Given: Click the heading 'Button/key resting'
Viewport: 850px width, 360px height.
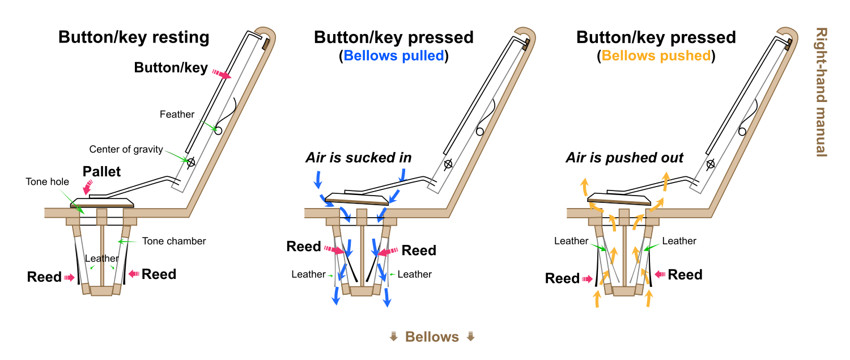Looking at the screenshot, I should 134,38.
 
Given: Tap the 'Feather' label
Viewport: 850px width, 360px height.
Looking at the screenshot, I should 177,115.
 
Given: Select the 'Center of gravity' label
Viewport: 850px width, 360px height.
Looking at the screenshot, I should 126,150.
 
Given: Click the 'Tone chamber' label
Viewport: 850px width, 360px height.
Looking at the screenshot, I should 173,241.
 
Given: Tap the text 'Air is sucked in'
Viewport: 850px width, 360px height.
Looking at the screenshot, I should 359,158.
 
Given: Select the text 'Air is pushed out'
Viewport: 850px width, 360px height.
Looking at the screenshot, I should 624,158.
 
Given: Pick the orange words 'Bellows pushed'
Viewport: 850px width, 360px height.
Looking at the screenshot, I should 656,56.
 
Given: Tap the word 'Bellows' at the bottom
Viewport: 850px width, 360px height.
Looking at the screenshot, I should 432,337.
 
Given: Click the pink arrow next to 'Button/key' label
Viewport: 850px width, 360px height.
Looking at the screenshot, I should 222,74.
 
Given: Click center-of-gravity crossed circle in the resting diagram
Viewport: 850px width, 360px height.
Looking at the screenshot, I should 191,162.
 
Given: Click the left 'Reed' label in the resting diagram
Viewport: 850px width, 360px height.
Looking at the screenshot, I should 44,277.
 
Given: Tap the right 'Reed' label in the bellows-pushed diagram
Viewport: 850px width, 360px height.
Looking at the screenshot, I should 685,275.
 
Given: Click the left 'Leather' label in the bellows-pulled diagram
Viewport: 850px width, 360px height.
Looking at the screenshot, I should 308,274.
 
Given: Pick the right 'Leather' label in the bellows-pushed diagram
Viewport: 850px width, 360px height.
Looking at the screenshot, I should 679,241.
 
